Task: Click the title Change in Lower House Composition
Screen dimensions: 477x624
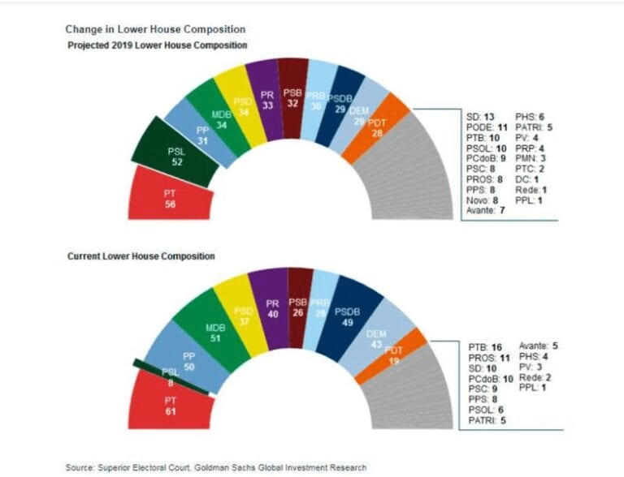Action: point(145,29)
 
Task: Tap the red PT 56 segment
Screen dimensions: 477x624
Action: point(170,195)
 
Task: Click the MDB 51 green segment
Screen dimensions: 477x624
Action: point(216,333)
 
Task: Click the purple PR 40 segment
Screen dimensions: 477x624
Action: point(272,307)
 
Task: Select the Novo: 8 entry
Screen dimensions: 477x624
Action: point(483,200)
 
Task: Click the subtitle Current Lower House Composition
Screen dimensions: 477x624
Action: point(140,256)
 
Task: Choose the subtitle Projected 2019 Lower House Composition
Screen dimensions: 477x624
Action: point(157,45)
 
